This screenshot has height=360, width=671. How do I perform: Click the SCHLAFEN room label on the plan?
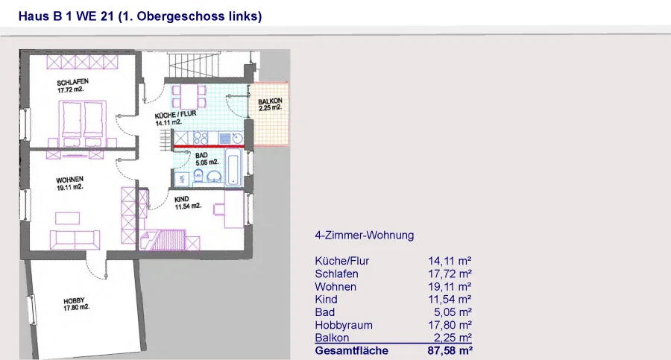click(73, 82)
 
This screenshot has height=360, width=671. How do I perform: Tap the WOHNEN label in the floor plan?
click(70, 180)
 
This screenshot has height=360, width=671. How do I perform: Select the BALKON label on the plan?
click(270, 101)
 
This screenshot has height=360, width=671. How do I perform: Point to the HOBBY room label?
click(74, 301)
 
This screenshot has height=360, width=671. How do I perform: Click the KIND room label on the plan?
click(181, 199)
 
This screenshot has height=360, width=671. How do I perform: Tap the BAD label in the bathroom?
click(201, 155)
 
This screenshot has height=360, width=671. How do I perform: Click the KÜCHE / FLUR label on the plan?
click(175, 115)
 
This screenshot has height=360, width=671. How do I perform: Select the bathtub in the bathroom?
click(233, 168)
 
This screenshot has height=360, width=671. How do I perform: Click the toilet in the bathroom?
click(198, 175)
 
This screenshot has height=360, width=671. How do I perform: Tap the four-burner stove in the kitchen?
click(201, 138)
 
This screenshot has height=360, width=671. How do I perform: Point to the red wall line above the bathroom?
click(209, 147)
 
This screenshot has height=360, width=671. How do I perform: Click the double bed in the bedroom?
click(83, 119)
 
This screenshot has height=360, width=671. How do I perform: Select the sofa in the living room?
click(75, 240)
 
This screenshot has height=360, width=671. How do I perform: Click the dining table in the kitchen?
click(189, 96)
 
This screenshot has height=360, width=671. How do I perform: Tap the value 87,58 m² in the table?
click(450, 350)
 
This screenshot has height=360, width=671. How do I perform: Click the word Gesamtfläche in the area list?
click(352, 350)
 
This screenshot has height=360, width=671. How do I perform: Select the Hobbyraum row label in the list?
click(344, 325)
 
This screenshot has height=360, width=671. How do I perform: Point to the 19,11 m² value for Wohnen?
click(450, 287)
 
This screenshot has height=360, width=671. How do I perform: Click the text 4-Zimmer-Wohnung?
click(365, 236)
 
